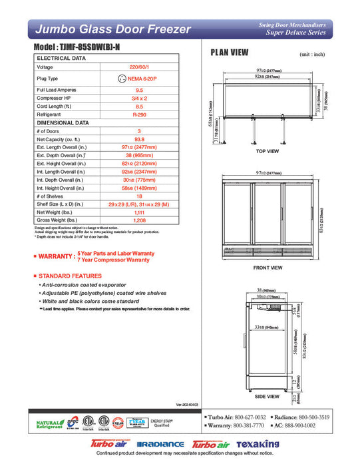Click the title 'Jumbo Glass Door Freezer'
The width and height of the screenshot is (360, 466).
click(x=112, y=29)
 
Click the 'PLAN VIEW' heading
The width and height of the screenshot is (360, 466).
click(x=230, y=53)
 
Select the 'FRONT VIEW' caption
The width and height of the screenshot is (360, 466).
click(x=268, y=268)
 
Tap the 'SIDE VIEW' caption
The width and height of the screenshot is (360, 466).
click(x=268, y=396)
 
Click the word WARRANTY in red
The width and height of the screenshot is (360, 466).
click(x=57, y=256)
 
